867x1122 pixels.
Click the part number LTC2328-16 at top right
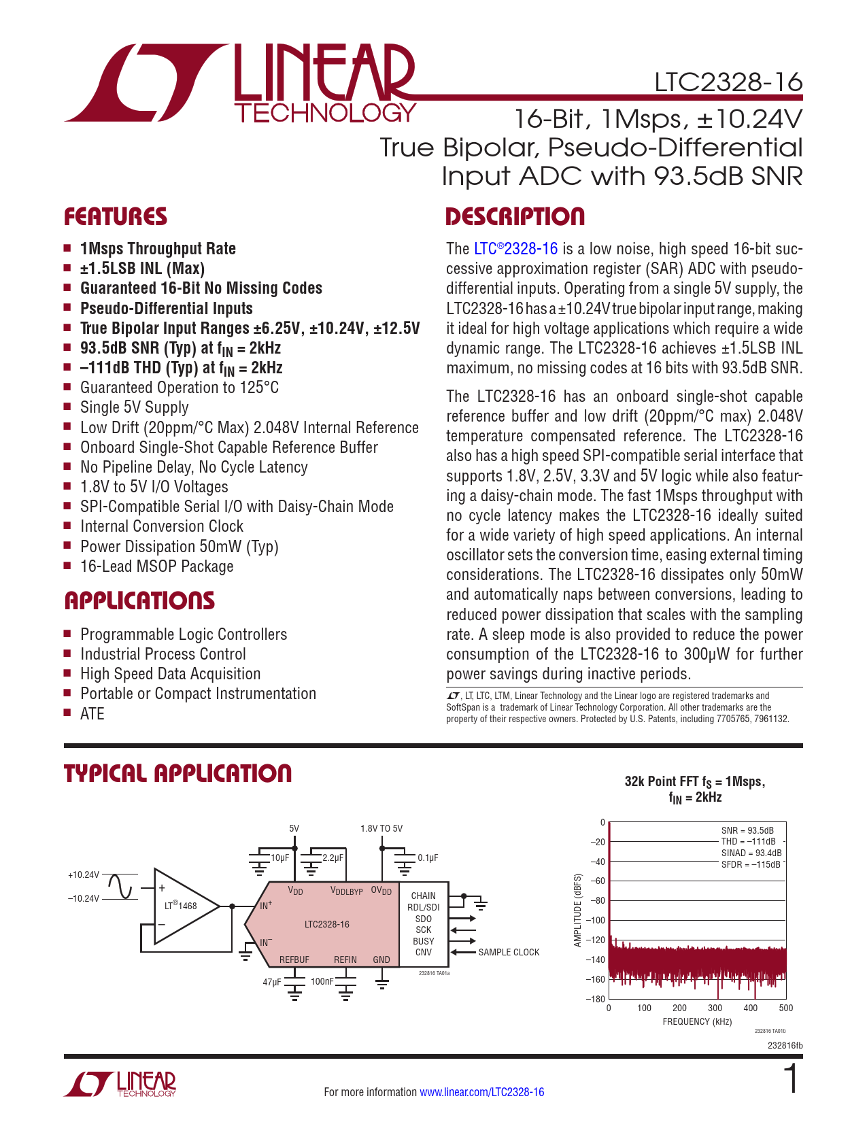[x=728, y=82]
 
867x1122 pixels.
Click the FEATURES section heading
[x=116, y=217]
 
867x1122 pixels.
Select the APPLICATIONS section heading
[x=139, y=600]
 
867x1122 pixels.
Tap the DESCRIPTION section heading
[x=515, y=217]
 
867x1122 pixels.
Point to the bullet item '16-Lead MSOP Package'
[x=156, y=566]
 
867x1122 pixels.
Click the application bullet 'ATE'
[x=92, y=713]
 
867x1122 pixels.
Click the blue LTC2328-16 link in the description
[x=515, y=249]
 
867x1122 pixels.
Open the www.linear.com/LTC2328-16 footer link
[x=481, y=1092]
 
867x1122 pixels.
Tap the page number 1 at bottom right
[x=792, y=1079]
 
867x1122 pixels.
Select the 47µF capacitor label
[x=272, y=982]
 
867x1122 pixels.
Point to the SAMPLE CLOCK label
[x=509, y=952]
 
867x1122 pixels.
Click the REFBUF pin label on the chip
[x=294, y=959]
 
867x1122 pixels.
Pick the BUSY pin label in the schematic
[x=423, y=941]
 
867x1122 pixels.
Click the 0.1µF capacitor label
[x=428, y=858]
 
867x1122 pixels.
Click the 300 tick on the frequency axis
[x=715, y=1008]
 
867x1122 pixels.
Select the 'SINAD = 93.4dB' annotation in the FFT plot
[x=751, y=853]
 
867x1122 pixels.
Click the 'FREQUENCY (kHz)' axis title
[x=697, y=1021]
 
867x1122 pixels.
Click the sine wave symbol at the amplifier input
[x=121, y=887]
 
